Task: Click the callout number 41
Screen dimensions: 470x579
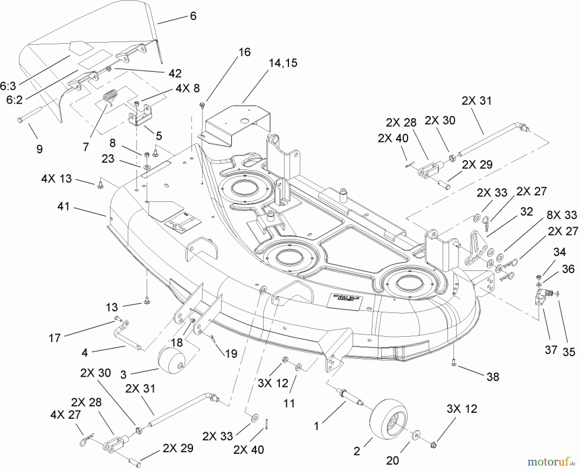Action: point(63,206)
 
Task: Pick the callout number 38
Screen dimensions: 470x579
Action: point(492,377)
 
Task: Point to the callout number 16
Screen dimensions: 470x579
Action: point(245,52)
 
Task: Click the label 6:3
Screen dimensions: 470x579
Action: point(8,86)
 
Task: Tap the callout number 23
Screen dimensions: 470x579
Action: point(108,159)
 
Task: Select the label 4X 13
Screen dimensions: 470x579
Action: point(56,179)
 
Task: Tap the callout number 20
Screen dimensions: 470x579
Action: point(392,460)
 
